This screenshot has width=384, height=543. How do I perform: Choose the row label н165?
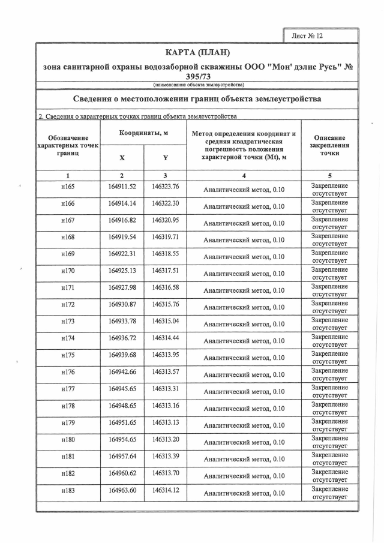(x=68, y=187)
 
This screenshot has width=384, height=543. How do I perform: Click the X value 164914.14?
(x=122, y=203)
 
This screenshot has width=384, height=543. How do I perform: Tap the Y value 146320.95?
(x=165, y=220)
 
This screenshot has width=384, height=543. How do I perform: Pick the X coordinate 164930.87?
(x=122, y=304)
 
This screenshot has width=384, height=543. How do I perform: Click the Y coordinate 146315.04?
(x=165, y=321)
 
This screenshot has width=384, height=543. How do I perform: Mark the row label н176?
(x=68, y=372)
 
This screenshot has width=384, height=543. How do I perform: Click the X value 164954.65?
(x=122, y=439)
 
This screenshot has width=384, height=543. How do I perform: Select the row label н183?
(x=68, y=490)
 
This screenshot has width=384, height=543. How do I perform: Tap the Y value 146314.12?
(x=165, y=490)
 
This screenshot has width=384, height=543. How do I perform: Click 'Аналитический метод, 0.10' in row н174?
(x=244, y=341)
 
